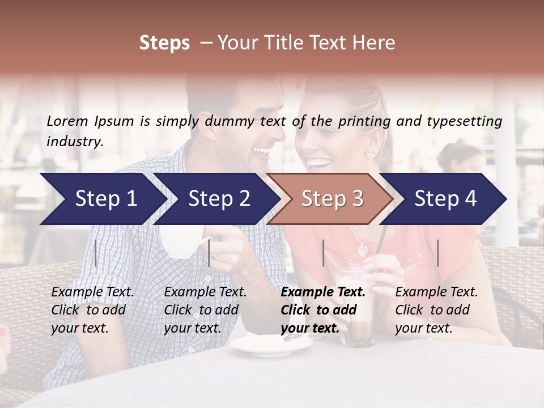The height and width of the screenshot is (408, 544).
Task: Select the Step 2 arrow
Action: (215, 198)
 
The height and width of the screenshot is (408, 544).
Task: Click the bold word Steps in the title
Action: (164, 43)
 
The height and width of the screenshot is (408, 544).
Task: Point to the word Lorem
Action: (67, 121)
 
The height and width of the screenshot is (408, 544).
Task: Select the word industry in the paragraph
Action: (74, 141)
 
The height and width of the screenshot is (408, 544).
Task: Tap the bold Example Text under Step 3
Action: (323, 292)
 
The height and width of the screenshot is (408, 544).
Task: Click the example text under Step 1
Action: (92, 310)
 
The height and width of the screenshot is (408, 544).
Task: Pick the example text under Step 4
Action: (436, 310)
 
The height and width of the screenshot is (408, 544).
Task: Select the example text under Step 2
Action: (205, 310)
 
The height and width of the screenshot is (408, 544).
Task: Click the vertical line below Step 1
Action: (96, 253)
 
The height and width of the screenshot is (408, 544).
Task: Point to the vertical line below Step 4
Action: (437, 253)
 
